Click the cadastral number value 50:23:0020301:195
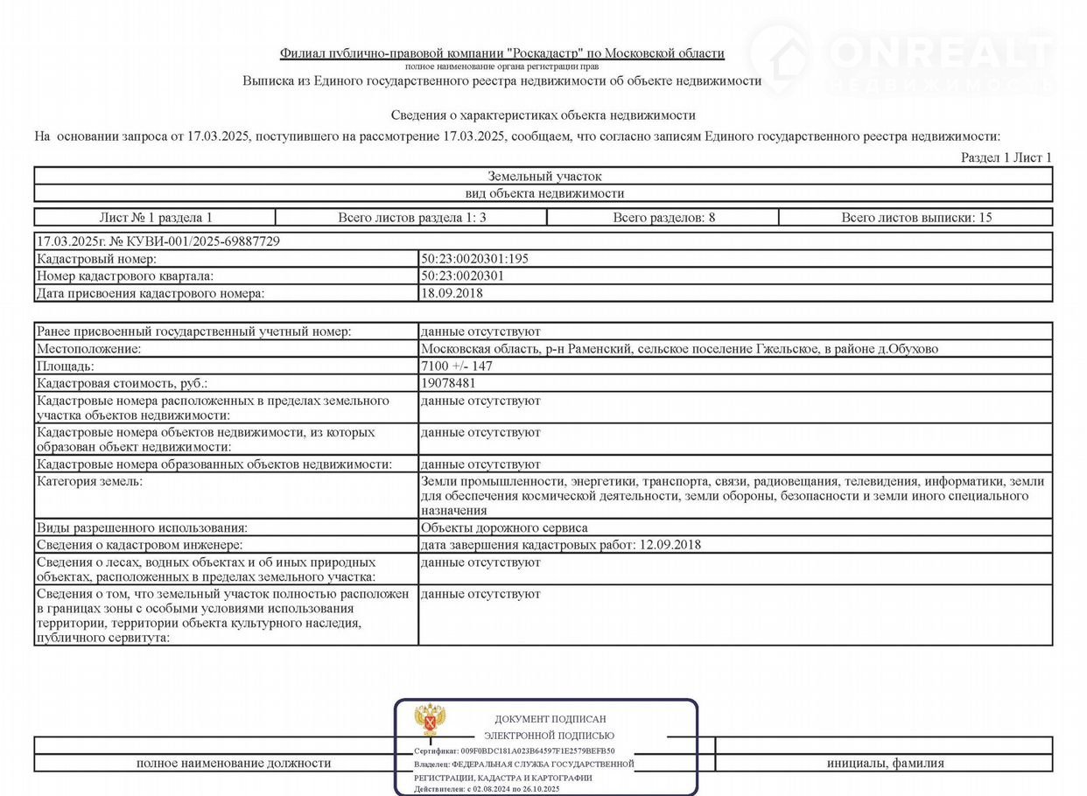[x=474, y=259]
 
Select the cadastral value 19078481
[x=448, y=383]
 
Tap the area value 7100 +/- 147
[x=457, y=367]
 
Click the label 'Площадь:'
[x=66, y=367]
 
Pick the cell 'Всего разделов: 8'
[x=663, y=218]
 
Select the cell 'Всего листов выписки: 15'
[x=916, y=218]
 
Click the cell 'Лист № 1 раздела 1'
[x=156, y=218]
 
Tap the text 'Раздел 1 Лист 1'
[x=1006, y=157]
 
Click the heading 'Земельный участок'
[x=544, y=177]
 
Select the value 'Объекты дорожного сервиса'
[x=504, y=527]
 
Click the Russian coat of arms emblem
[x=430, y=719]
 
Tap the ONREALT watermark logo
[x=901, y=57]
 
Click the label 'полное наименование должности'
[x=234, y=763]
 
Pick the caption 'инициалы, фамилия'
[x=885, y=763]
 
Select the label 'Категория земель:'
[x=89, y=481]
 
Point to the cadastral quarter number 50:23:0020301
[x=462, y=276]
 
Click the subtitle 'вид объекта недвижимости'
[x=544, y=193]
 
